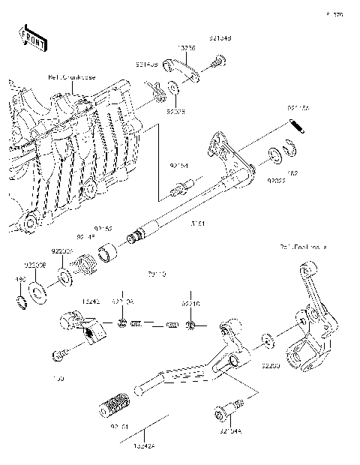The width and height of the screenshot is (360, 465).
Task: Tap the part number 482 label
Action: [x=293, y=172]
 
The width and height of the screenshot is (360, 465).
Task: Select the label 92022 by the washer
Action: [x=277, y=181]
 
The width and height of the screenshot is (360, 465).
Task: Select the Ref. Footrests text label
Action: [x=303, y=246]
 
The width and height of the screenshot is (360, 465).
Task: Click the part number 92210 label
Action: [x=190, y=304]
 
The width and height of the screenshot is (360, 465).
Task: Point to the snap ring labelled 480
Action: [x=21, y=302]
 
